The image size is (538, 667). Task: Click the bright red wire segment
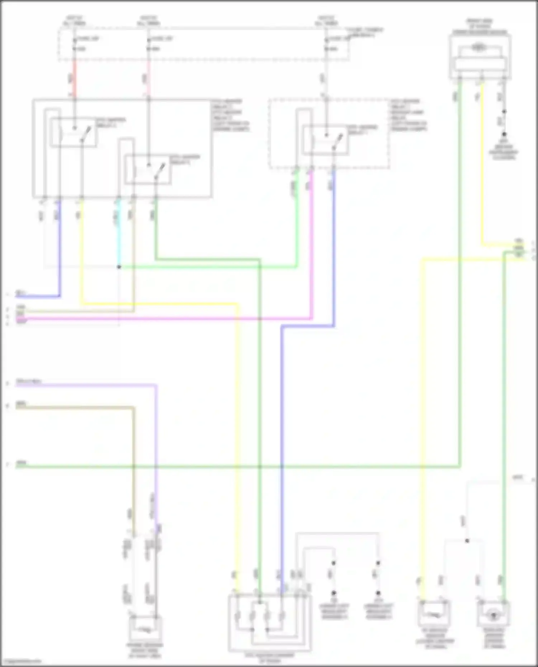pos(75,79)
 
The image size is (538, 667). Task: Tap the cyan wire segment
pos(119,233)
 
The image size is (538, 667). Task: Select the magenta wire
pos(215,318)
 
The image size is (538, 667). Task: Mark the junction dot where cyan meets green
pos(119,267)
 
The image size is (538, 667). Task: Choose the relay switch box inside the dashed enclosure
pos(326,140)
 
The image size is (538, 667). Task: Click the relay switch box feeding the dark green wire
pos(148,170)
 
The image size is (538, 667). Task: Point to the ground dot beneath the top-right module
pos(504,134)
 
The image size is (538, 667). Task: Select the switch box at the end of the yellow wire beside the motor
pos(434,614)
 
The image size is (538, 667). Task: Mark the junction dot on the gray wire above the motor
pos(467,541)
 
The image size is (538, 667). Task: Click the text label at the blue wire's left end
pos(21,294)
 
